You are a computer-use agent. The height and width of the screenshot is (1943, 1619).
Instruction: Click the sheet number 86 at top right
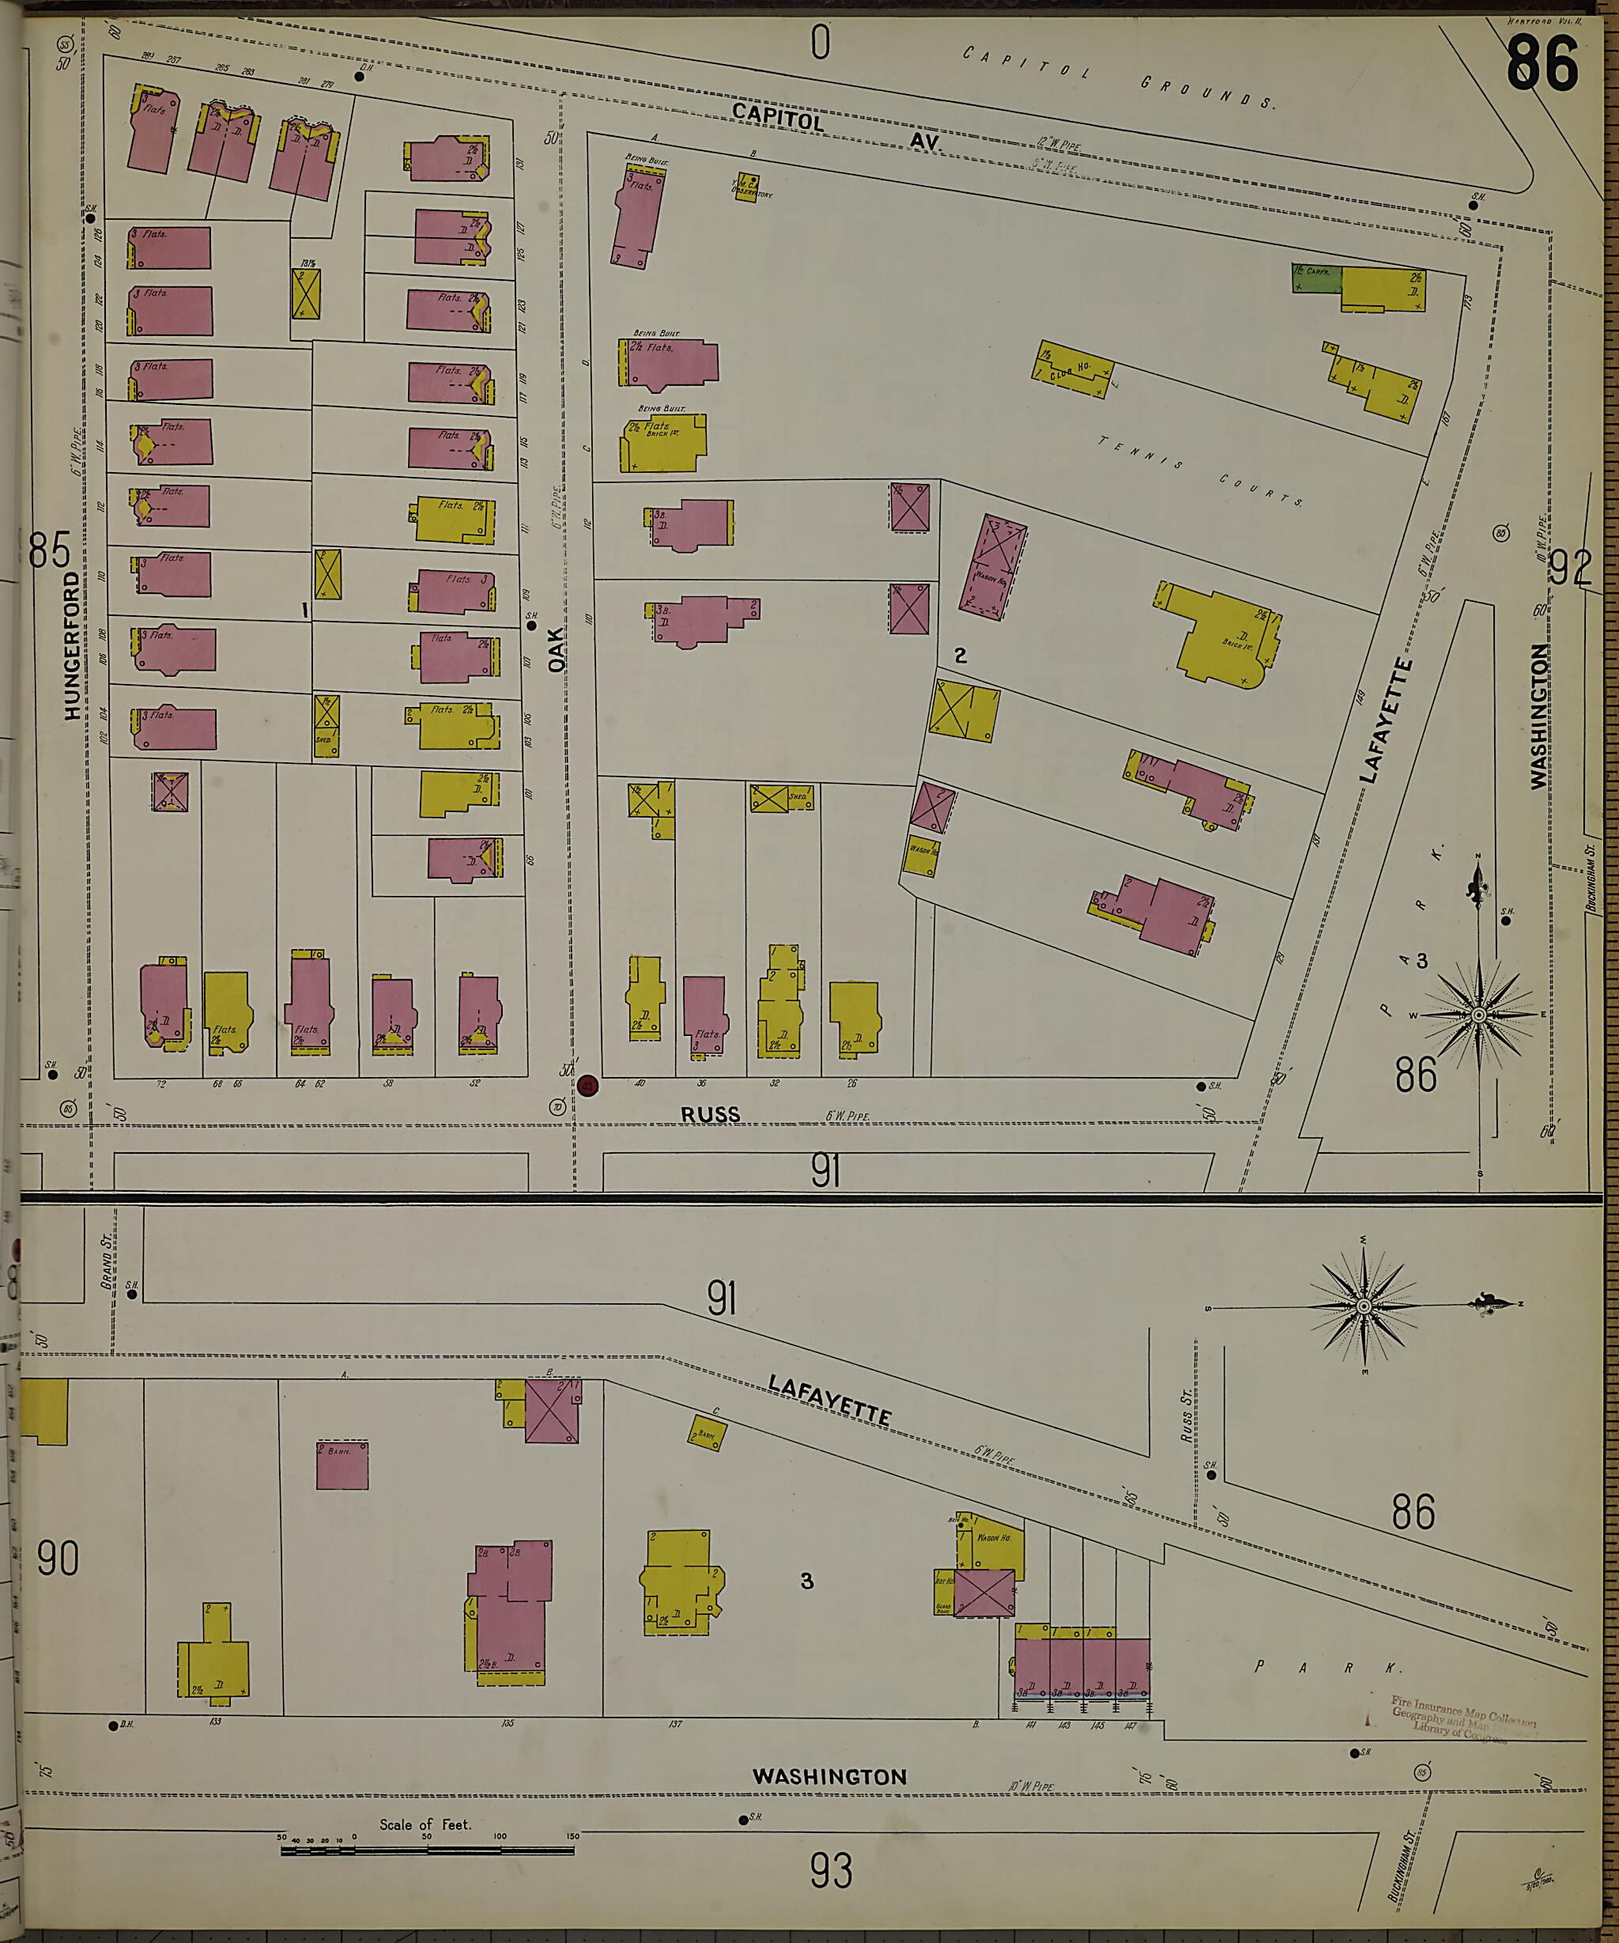(1542, 63)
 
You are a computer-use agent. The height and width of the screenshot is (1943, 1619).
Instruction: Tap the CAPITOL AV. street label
(835, 127)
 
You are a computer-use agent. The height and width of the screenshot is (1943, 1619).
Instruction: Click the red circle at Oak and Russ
(587, 1085)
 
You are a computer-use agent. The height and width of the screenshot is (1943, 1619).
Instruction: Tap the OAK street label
(556, 649)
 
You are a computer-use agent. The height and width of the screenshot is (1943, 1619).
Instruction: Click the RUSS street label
(711, 1115)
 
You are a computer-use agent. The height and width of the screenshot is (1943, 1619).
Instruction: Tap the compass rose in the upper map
(1478, 1015)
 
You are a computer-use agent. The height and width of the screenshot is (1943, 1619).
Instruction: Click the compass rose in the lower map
(1364, 1306)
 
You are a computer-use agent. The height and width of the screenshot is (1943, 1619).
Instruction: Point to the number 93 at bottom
(831, 1872)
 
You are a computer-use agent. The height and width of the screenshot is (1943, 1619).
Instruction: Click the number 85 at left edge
(49, 551)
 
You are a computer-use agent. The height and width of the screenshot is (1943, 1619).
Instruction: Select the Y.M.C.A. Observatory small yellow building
(745, 189)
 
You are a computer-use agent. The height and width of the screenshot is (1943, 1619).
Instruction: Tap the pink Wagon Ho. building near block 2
(992, 566)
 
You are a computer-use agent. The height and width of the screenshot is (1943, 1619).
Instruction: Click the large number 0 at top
(820, 43)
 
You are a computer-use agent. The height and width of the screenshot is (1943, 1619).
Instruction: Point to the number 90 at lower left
(58, 1558)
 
